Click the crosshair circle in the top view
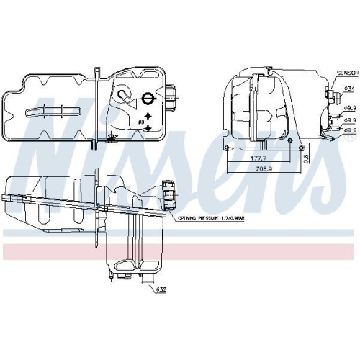point(148,99)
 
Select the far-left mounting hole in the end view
point(228,147)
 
